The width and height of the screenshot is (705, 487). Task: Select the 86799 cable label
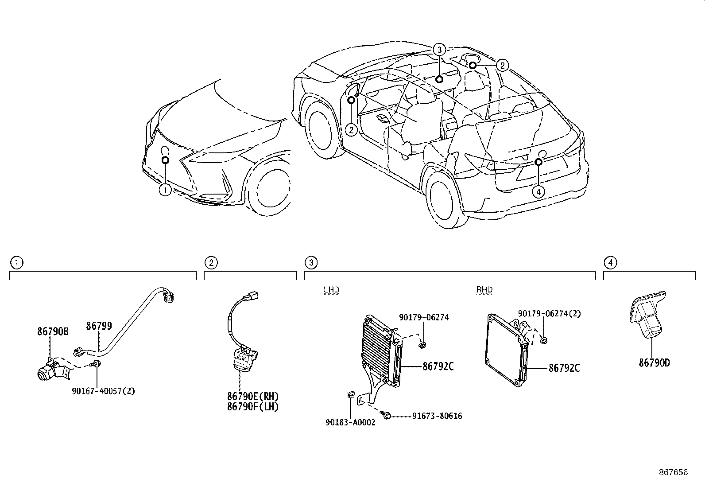99,326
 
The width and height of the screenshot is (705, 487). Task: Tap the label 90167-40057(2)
103,391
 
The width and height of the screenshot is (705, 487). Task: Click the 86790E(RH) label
253,396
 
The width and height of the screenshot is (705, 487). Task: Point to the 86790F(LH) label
253,406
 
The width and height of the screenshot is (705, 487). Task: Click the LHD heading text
331,290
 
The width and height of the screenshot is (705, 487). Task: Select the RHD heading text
484,290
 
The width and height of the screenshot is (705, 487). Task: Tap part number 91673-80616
437,416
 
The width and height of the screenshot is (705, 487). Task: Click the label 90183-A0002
350,422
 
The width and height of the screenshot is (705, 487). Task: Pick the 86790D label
654,363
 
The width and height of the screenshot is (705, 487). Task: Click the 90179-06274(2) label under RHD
549,314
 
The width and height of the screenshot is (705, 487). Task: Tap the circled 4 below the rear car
538,191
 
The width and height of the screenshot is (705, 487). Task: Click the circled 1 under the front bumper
165,190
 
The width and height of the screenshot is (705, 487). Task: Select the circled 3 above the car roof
439,50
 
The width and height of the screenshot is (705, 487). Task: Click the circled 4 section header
610,263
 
